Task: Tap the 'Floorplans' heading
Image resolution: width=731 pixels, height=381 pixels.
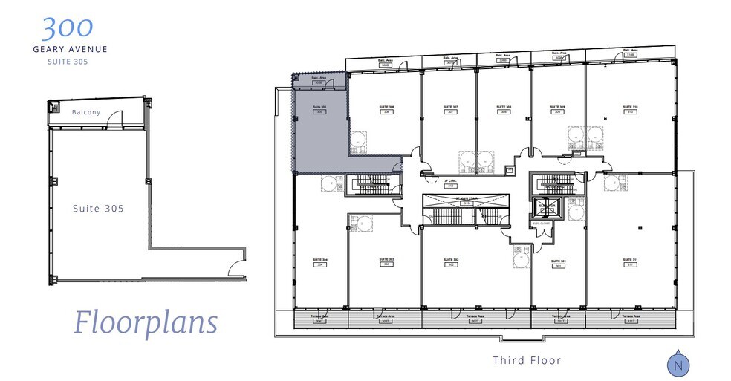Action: pyautogui.click(x=146, y=322)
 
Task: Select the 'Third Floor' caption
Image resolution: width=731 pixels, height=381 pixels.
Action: pyautogui.click(x=527, y=360)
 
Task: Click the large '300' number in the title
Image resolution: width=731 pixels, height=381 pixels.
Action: pyautogui.click(x=68, y=27)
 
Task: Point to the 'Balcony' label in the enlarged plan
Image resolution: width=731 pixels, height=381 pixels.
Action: pyautogui.click(x=86, y=113)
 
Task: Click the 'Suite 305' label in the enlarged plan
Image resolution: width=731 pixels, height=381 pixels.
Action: pyautogui.click(x=98, y=209)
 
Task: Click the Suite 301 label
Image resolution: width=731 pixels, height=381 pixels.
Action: pyautogui.click(x=558, y=262)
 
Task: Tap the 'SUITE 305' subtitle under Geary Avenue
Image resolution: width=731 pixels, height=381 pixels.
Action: pyautogui.click(x=69, y=62)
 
